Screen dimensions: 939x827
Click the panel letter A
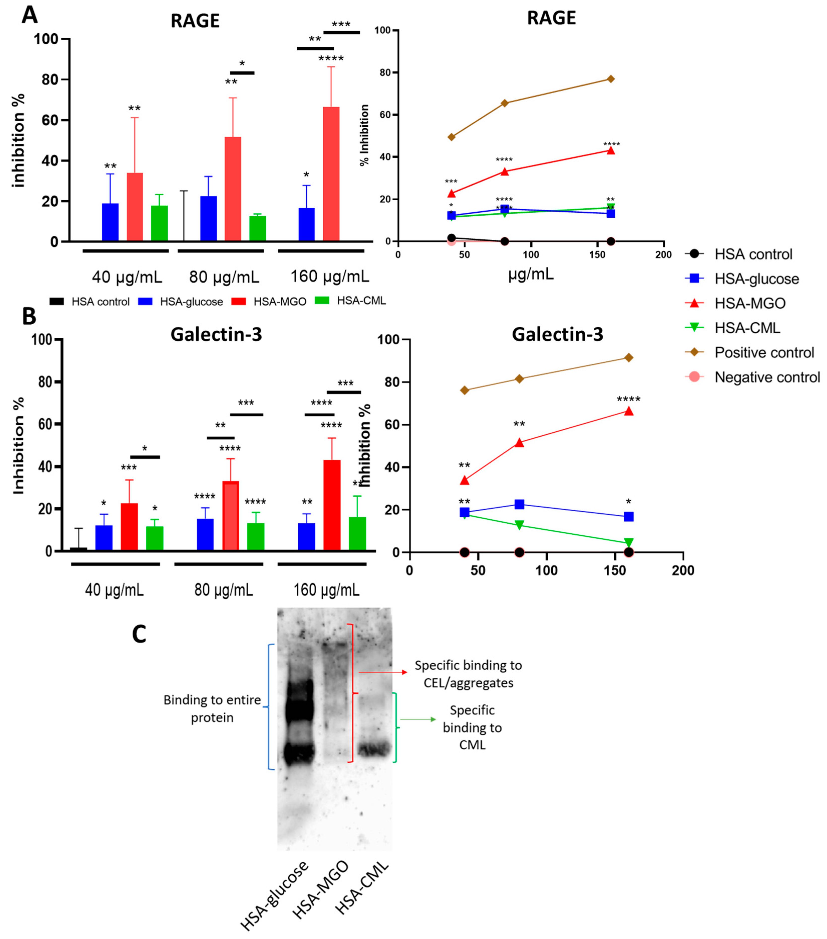29,15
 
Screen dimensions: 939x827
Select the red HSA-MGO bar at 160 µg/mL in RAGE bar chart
331,175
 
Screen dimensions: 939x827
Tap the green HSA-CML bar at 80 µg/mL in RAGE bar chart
258,229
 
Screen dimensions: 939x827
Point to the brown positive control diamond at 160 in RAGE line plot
610,79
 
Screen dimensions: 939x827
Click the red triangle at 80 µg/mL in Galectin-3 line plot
519,443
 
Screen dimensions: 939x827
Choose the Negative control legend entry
767,378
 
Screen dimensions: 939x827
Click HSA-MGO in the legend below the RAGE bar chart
280,302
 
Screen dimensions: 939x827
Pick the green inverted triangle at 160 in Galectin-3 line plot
629,543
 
